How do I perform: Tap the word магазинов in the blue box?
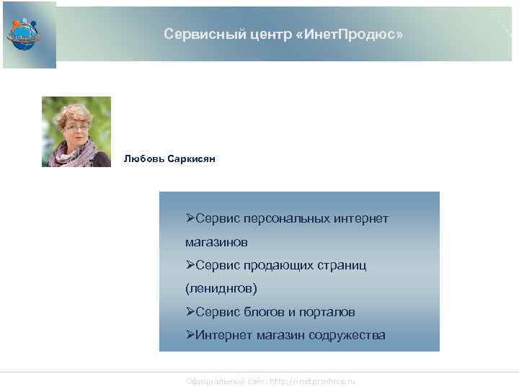click(x=216, y=241)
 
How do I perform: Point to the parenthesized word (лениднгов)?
click(x=221, y=288)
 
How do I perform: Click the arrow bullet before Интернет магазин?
click(x=190, y=335)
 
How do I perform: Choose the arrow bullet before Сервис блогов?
click(x=190, y=312)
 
